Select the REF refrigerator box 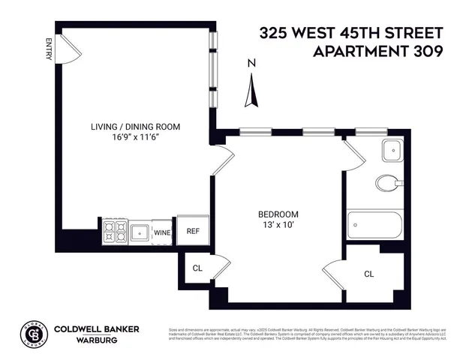(193, 232)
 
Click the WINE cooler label (163, 232)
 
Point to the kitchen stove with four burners (115, 232)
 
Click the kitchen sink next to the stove (140, 232)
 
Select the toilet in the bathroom (388, 183)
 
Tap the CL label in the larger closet (368, 274)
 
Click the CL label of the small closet (197, 268)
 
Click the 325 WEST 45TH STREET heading (351, 33)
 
